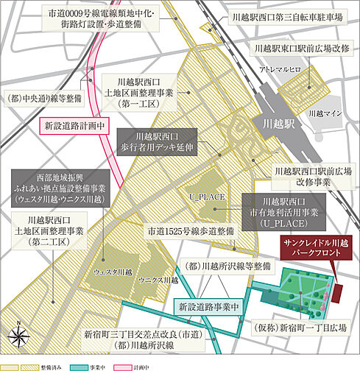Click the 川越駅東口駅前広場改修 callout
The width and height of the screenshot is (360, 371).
pyautogui.click(x=299, y=50)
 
